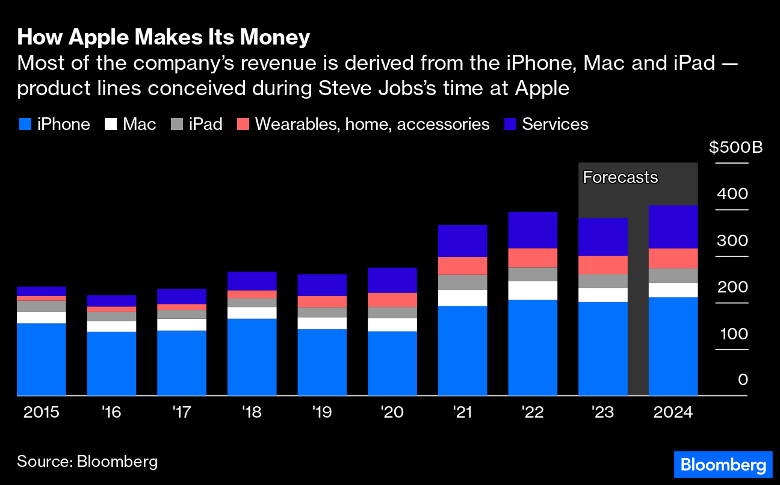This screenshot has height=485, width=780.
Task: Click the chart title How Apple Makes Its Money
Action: pos(163,37)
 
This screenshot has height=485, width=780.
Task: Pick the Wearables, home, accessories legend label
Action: pos(372,125)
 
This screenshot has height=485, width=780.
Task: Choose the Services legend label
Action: pos(555,125)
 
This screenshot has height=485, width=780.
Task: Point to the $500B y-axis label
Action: pos(735,147)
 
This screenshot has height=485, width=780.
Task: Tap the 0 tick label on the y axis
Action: pos(743,380)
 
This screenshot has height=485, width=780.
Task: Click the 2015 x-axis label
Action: pos(42,413)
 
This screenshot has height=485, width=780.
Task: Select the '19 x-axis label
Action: pos(322,413)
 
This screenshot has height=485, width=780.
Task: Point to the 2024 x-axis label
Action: pos(673,413)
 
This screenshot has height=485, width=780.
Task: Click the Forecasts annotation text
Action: pos(621,178)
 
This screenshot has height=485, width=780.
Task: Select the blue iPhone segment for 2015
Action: pos(42,359)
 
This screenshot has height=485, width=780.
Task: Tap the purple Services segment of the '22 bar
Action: pos(533,230)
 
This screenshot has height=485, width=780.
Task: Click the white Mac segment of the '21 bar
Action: pos(462,298)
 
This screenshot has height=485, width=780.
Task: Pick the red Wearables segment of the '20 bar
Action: pos(392,300)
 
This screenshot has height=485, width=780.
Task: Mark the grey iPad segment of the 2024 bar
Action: pos(673,276)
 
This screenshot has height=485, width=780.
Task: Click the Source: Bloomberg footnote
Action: pos(87,462)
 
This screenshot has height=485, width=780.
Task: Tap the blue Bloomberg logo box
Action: pos(722,465)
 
